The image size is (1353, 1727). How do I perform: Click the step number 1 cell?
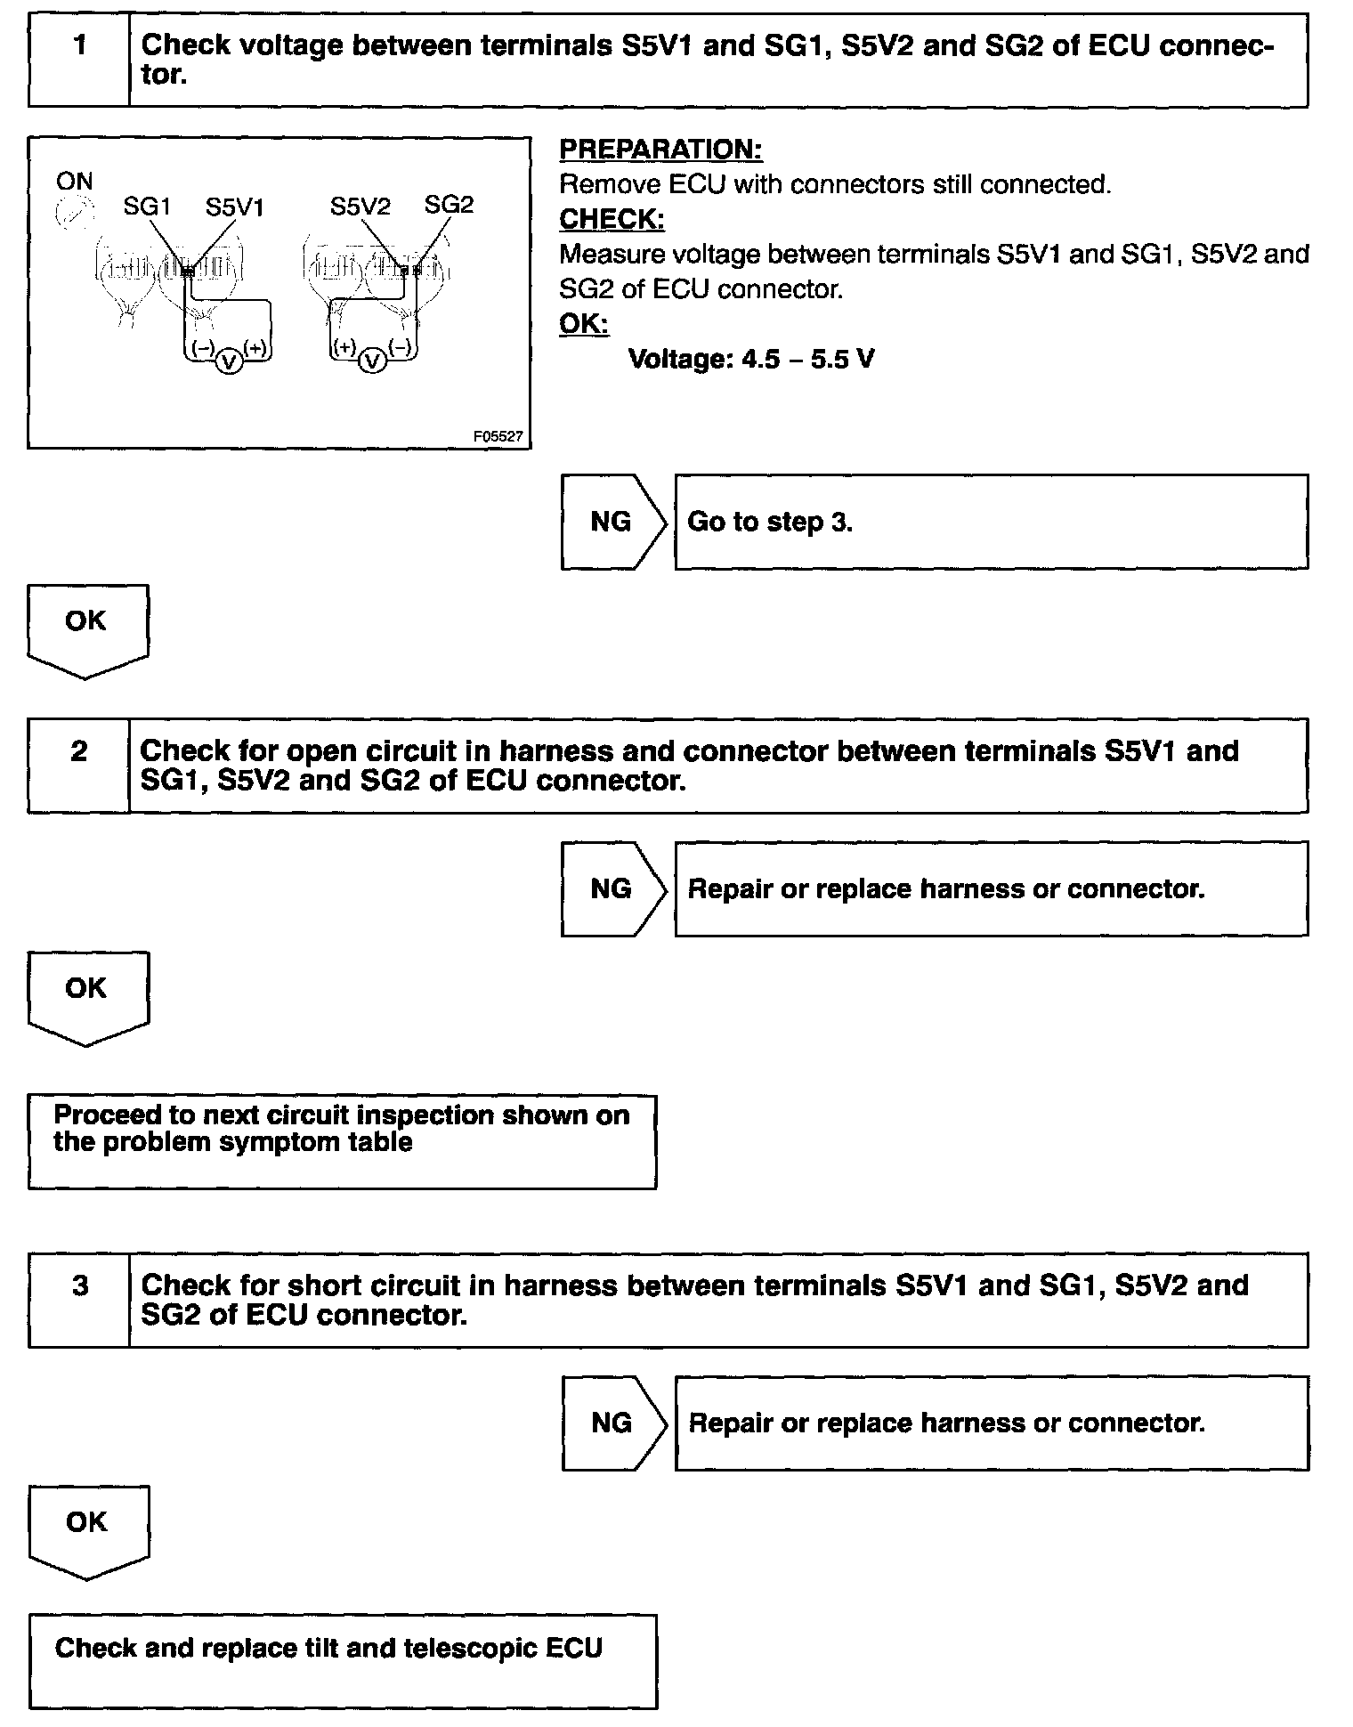click(79, 61)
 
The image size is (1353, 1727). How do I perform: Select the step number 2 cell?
click(79, 766)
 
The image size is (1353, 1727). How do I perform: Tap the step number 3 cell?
click(79, 1300)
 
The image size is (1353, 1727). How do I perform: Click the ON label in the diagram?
click(74, 182)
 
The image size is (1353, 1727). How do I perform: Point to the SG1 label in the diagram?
click(146, 207)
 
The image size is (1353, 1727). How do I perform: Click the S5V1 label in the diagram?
click(234, 207)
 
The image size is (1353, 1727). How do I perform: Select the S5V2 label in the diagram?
click(360, 207)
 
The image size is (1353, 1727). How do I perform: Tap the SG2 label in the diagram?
click(449, 205)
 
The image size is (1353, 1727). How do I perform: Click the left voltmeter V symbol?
click(229, 361)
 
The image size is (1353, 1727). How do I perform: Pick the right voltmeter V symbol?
click(374, 361)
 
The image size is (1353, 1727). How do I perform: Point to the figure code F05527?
click(498, 437)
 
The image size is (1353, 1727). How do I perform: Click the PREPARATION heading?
click(660, 150)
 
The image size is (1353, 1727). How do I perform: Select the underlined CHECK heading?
click(612, 219)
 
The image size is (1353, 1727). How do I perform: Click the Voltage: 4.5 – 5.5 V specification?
click(750, 359)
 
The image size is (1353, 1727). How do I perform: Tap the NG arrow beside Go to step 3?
click(613, 522)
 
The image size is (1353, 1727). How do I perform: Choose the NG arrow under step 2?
click(613, 888)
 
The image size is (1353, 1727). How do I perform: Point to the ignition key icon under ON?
click(74, 214)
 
